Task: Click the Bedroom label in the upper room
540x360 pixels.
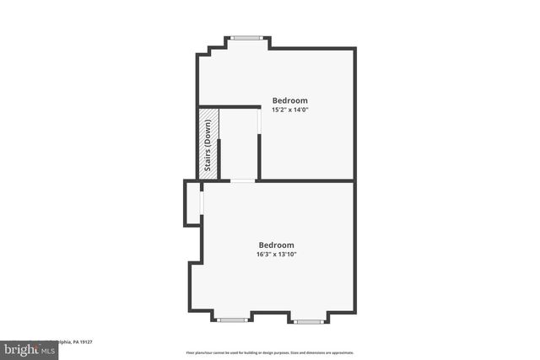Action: tap(289, 100)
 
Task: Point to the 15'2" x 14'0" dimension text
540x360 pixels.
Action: tap(289, 110)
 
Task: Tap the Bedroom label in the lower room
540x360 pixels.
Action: tap(276, 245)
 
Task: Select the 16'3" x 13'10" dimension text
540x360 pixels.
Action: tap(276, 255)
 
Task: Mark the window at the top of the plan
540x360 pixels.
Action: tap(246, 37)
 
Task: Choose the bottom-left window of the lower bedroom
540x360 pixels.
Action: tap(231, 320)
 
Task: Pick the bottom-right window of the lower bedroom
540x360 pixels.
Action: tap(307, 320)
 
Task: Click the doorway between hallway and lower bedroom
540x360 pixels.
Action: tap(242, 180)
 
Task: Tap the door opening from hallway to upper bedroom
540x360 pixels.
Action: tap(259, 122)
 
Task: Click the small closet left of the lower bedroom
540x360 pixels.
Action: tap(192, 203)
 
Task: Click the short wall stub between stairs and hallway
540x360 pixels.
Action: tap(219, 159)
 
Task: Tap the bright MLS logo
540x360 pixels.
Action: tap(26, 347)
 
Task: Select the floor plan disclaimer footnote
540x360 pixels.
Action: tap(270, 352)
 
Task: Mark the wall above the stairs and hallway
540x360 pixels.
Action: tap(229, 107)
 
